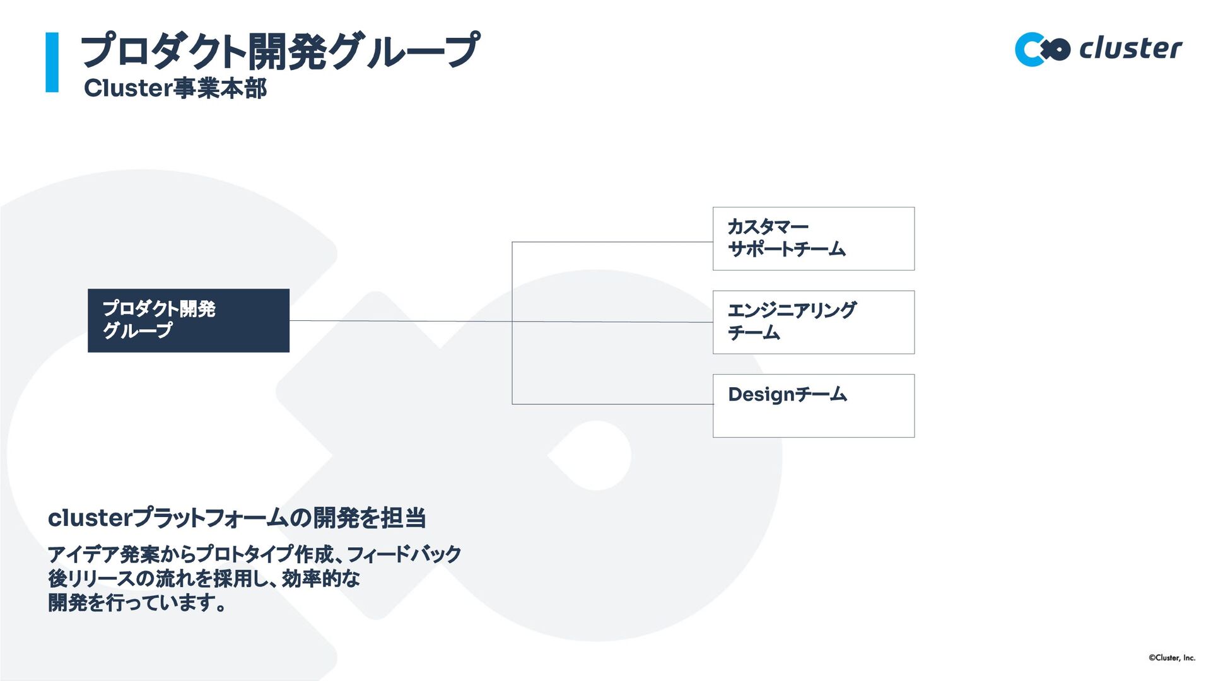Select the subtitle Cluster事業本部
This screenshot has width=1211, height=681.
coord(175,88)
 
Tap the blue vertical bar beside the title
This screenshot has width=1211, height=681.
coord(52,62)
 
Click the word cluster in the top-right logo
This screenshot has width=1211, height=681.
coord(1130,49)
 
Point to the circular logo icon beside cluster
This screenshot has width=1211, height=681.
coord(1041,49)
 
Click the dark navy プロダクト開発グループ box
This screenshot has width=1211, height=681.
coord(188,320)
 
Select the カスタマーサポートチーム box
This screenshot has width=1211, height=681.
coord(813,238)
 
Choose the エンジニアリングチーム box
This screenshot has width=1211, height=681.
coord(813,322)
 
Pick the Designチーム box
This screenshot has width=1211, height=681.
coord(813,405)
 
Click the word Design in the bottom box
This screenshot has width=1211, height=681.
coord(761,395)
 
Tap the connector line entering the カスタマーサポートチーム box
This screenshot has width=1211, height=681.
coord(612,242)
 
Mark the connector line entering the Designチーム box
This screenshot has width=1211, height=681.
coord(612,404)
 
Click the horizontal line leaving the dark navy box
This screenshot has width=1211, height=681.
coord(397,321)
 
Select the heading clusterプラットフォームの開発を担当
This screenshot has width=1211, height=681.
coord(237,518)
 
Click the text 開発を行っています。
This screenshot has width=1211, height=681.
coord(137,603)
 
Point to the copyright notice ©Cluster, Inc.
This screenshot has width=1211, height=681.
coord(1171,658)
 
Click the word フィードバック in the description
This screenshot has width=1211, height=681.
coord(404,554)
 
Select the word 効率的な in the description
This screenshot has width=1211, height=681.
coord(320,578)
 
